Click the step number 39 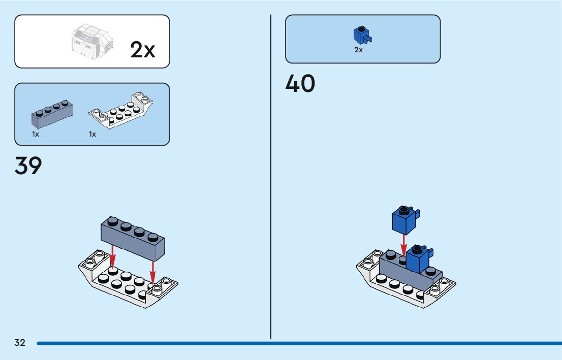coord(28,166)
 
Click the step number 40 coord(300,84)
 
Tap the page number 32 coord(20,343)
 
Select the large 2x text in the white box coord(143,50)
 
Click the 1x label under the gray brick coord(36,135)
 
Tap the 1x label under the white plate coord(92,135)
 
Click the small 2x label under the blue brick coord(359,50)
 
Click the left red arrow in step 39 coord(113,257)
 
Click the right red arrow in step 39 coord(152,271)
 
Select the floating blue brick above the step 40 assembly coord(404,220)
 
